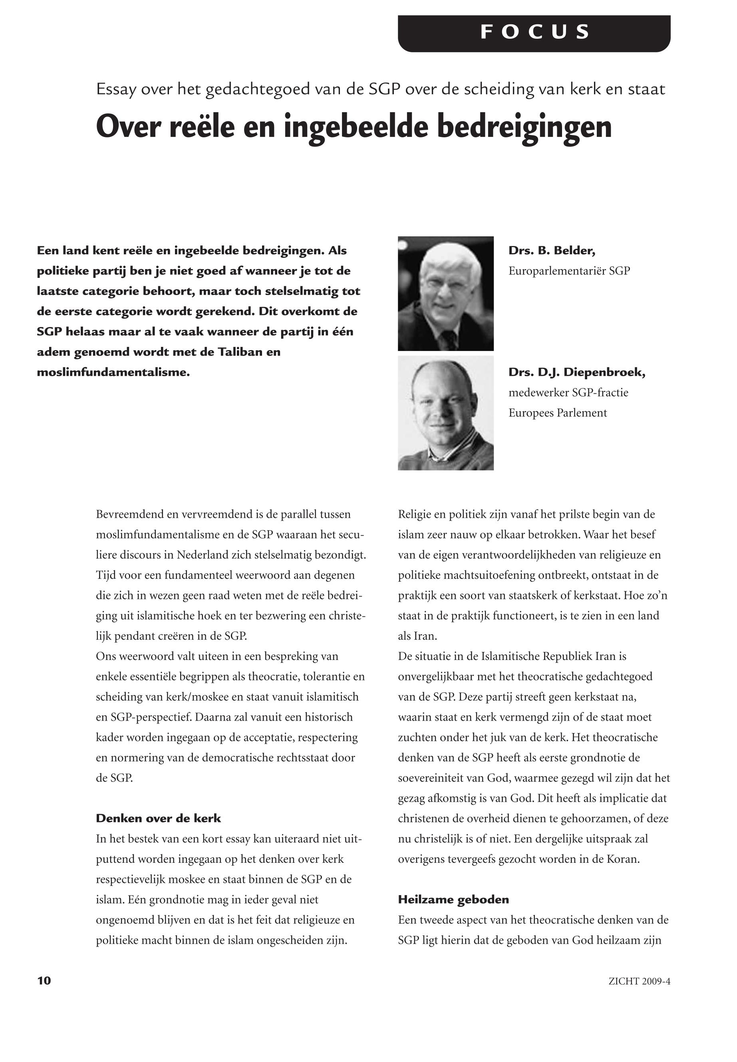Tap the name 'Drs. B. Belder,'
(551, 251)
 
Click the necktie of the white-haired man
(448, 340)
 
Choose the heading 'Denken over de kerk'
(159, 819)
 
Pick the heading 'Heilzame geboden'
(453, 900)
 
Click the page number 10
(44, 981)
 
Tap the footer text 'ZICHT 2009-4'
(639, 981)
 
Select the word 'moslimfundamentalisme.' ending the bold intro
(113, 372)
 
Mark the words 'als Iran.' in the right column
(417, 636)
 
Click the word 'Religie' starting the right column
(414, 514)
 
